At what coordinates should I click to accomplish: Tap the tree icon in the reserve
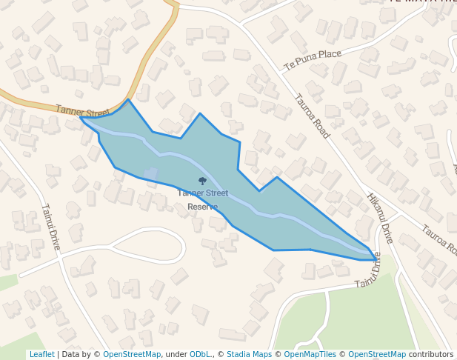pos(202,181)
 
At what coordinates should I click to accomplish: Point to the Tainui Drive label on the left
pos(50,226)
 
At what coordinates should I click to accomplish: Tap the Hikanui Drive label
pos(379,219)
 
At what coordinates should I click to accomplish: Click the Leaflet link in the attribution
pos(41,354)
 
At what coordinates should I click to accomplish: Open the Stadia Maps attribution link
pos(249,354)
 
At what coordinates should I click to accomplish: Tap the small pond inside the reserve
pos(150,174)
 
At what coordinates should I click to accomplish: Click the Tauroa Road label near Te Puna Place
pos(311,116)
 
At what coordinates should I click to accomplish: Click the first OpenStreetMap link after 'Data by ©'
pos(131,354)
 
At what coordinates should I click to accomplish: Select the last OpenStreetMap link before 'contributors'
pos(376,354)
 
